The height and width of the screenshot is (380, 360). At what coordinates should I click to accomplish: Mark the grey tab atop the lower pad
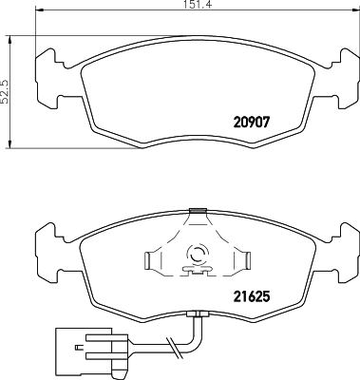point(197,211)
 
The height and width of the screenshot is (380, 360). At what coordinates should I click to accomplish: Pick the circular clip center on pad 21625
point(199,254)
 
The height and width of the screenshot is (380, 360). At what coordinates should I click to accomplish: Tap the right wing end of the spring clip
point(245,258)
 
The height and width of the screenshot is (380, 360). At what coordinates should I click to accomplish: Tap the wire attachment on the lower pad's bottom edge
point(198,315)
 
